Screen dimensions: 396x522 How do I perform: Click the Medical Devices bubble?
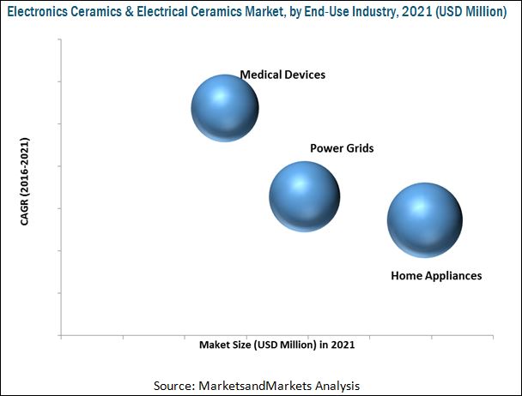point(224,106)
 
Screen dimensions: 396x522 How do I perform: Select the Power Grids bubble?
point(303,195)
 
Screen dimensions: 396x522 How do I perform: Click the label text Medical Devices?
point(282,75)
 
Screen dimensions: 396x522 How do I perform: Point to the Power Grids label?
point(342,148)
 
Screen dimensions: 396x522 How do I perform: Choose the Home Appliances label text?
point(436,276)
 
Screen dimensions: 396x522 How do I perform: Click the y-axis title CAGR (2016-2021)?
point(26,181)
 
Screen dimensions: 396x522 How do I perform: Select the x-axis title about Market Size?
point(276,346)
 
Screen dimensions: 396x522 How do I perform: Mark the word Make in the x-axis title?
point(214,346)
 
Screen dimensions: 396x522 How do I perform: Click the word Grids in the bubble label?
point(359,148)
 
